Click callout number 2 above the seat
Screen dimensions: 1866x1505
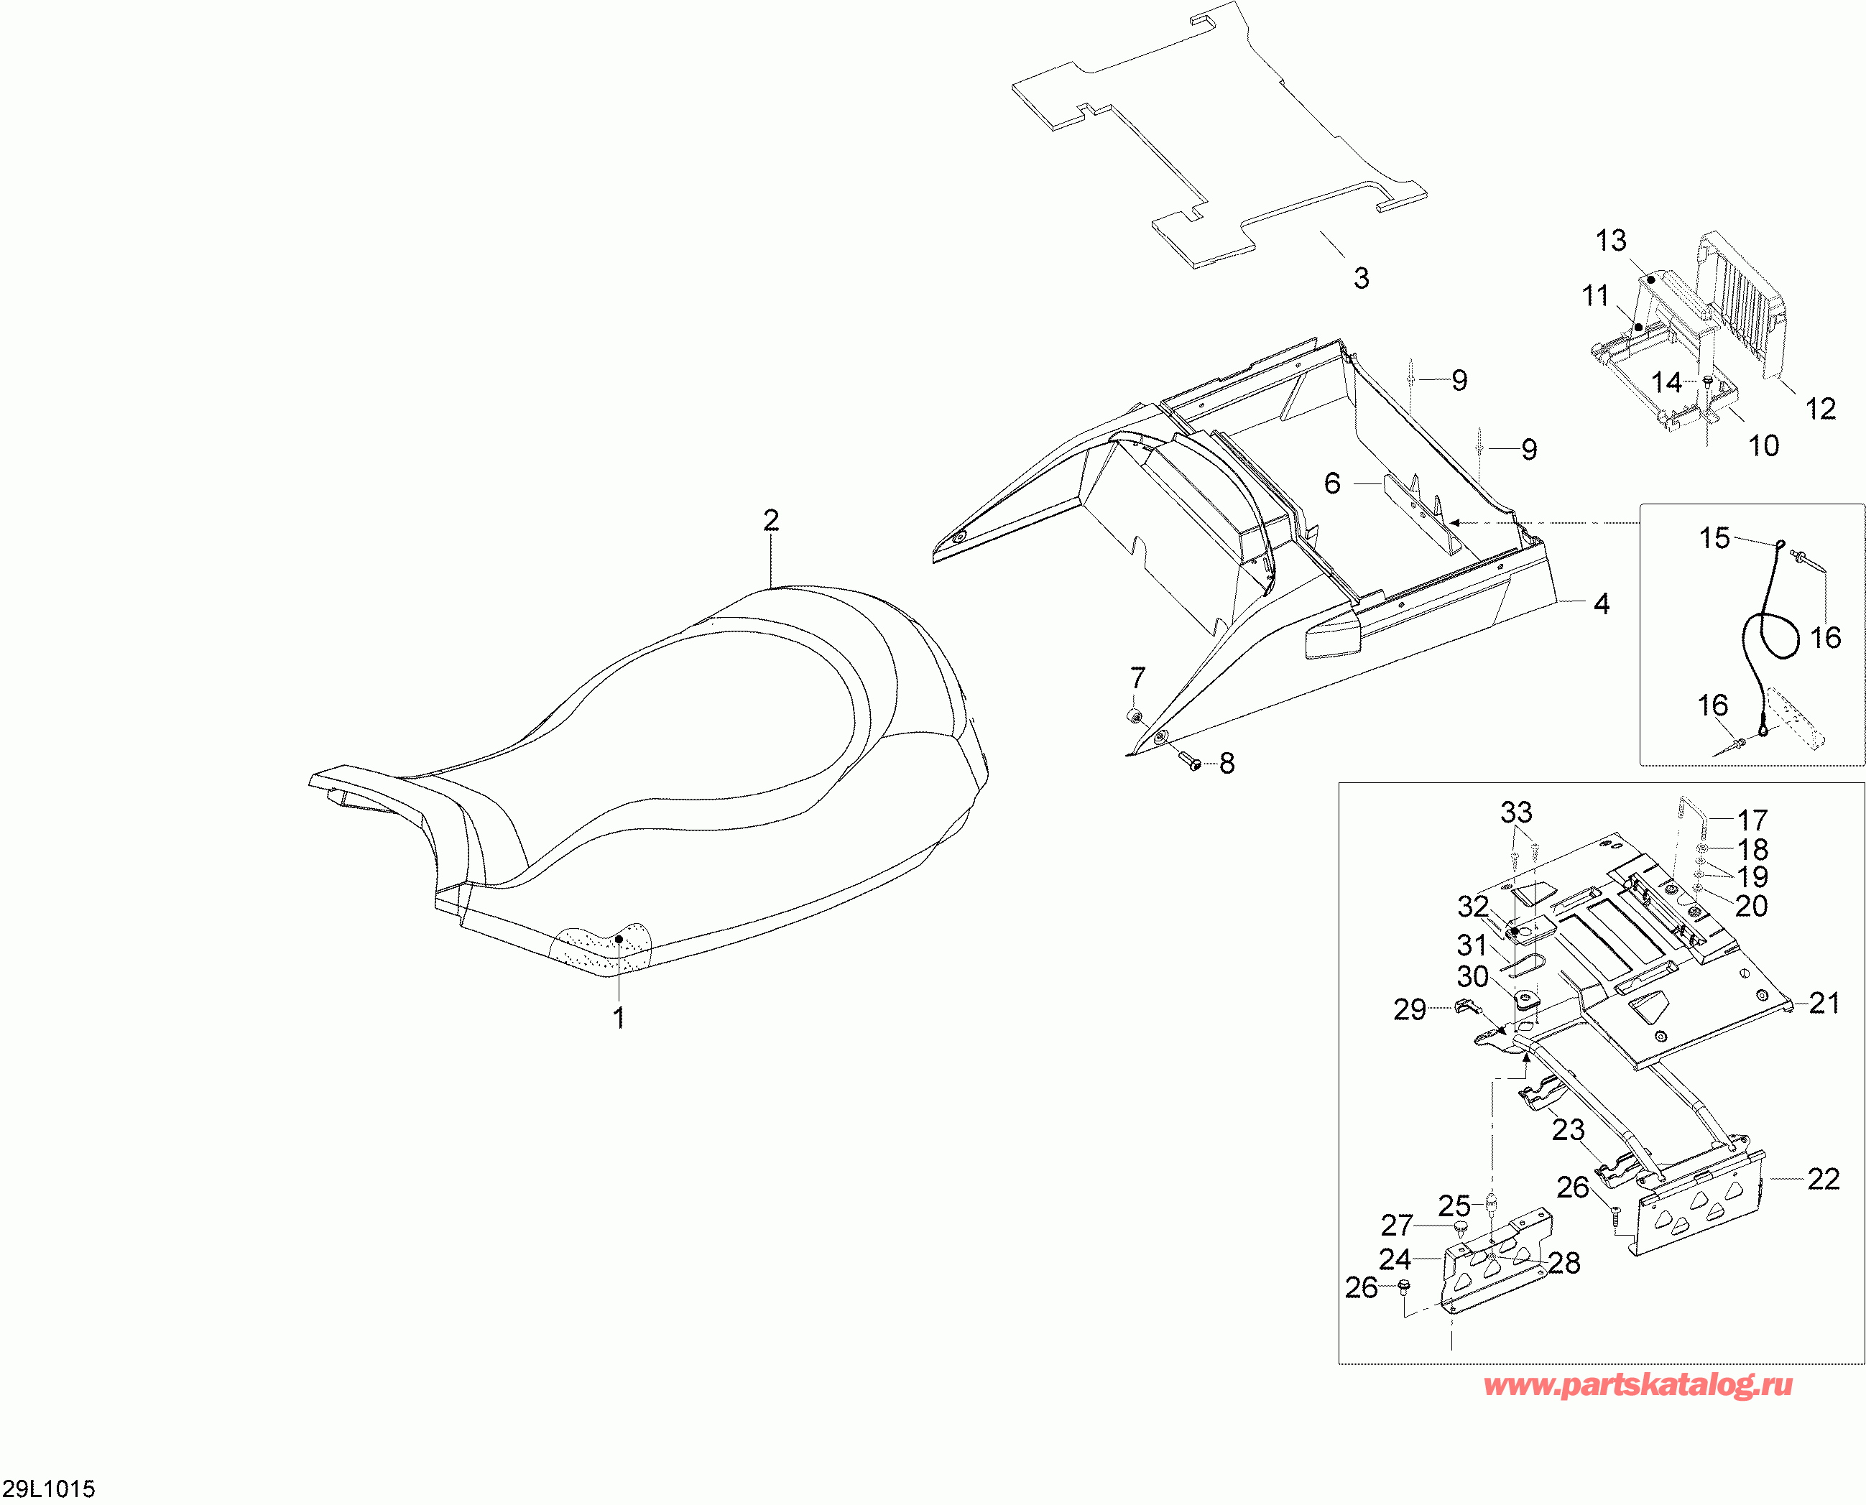tap(771, 520)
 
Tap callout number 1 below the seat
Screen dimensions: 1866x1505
tap(619, 1018)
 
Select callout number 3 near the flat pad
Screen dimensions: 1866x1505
tap(1362, 278)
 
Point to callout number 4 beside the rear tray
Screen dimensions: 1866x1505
tap(1602, 604)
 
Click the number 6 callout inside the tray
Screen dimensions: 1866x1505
tap(1333, 483)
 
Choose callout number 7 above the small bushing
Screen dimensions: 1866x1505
tap(1137, 678)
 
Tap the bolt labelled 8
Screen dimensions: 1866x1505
tap(1189, 762)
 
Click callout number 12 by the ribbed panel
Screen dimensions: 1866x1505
tap(1820, 409)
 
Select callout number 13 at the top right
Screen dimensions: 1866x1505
tap(1611, 241)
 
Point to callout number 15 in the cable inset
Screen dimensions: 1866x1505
tap(1714, 538)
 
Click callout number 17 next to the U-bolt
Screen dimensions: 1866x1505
tap(1752, 820)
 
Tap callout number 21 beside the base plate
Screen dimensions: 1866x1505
tap(1824, 1004)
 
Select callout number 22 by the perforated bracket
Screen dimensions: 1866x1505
tap(1824, 1179)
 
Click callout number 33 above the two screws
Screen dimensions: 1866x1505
tap(1517, 813)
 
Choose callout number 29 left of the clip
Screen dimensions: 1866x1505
tap(1410, 1009)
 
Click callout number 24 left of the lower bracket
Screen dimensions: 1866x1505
tap(1395, 1259)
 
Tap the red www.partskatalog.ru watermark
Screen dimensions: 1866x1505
tap(1638, 1386)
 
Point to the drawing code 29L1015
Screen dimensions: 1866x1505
tap(49, 1489)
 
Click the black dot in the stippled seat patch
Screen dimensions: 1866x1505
tap(619, 939)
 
